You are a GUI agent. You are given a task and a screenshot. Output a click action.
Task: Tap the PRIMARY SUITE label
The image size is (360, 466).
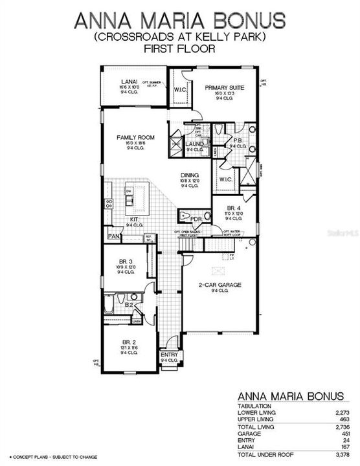[223, 87]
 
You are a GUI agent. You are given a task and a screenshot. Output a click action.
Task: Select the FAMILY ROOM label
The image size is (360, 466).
[134, 138]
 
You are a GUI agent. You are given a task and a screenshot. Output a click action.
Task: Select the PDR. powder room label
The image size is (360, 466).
[197, 218]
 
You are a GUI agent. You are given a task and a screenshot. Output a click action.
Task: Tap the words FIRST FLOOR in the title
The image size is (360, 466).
[179, 49]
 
